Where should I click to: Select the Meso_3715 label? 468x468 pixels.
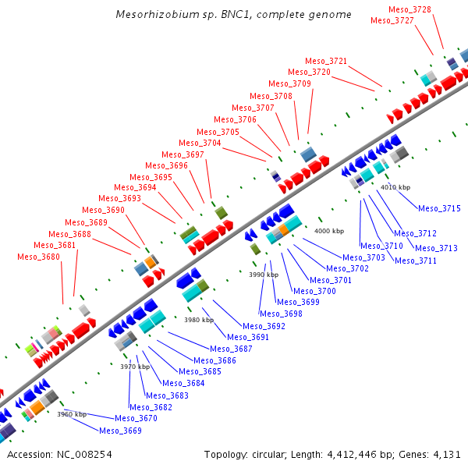point(439,208)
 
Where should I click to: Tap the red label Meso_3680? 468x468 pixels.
point(38,257)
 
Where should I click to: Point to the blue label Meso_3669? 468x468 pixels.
point(120,430)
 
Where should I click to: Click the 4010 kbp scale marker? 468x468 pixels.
point(395,187)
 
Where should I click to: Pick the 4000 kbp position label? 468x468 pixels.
point(328,231)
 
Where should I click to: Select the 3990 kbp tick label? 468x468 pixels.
point(263,275)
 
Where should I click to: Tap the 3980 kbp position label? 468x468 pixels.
point(199,320)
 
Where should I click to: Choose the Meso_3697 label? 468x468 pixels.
point(183,154)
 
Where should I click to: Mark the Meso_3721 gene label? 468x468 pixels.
point(326,61)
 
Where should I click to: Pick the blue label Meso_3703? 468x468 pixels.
point(363,257)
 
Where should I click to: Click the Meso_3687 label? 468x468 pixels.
point(231,349)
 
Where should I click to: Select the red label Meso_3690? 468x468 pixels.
point(103,210)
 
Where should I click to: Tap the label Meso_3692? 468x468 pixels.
point(264,326)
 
